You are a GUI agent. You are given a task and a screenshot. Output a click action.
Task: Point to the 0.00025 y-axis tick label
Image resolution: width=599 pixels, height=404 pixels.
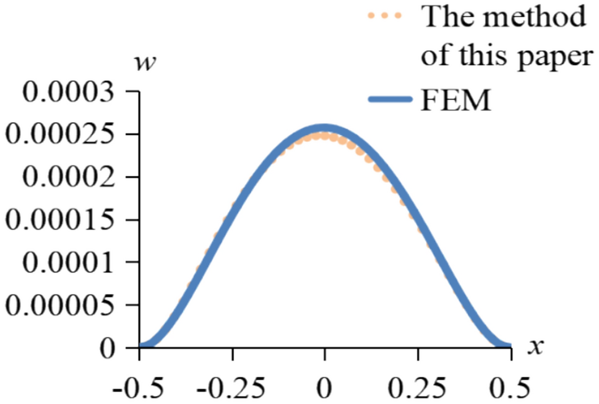(62, 134)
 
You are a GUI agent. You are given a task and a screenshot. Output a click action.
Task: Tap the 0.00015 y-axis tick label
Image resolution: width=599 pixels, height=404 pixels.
(62, 220)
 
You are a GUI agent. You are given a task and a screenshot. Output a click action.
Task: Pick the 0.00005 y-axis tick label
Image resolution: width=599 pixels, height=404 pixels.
(62, 305)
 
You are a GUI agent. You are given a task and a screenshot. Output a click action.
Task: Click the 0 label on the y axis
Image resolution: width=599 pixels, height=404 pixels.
(110, 348)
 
